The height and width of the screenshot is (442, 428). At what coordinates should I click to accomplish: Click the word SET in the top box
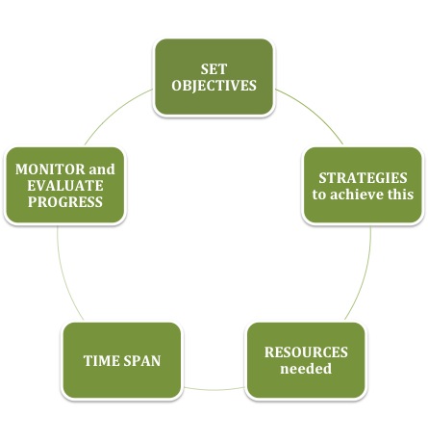click(214, 69)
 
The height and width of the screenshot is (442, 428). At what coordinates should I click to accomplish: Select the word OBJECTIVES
click(214, 86)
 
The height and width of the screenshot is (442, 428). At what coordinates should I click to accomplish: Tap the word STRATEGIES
click(363, 178)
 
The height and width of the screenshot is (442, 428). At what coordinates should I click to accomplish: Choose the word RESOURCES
click(306, 352)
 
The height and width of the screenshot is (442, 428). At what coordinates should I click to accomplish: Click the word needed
click(306, 369)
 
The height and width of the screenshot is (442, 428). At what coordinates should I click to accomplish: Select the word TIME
click(101, 361)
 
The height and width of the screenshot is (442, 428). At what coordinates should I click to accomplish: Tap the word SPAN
click(142, 361)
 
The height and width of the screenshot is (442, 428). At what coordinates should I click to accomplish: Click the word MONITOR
click(50, 169)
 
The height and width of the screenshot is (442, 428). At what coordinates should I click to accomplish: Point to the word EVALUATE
click(65, 186)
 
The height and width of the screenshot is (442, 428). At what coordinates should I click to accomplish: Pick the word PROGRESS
click(65, 202)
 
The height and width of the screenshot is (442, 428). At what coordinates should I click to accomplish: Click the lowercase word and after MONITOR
click(102, 169)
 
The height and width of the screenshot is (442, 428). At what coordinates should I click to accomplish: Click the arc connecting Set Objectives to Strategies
click(314, 111)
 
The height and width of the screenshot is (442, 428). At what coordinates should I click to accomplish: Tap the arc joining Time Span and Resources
click(214, 390)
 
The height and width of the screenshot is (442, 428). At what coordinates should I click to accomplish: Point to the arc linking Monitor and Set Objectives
click(114, 111)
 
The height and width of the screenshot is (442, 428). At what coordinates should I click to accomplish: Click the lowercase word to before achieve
click(319, 195)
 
